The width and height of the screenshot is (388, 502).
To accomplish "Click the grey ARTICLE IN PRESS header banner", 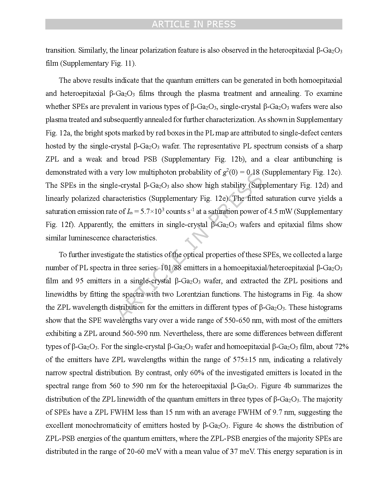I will tap(194, 24).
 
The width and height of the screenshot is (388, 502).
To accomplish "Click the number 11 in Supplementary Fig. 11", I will tap(129, 63).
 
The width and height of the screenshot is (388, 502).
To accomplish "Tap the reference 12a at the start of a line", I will tap(65, 133).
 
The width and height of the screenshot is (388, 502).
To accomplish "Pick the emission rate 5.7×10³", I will tap(151, 211).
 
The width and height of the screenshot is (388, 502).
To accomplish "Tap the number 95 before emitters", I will tap(79, 281).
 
